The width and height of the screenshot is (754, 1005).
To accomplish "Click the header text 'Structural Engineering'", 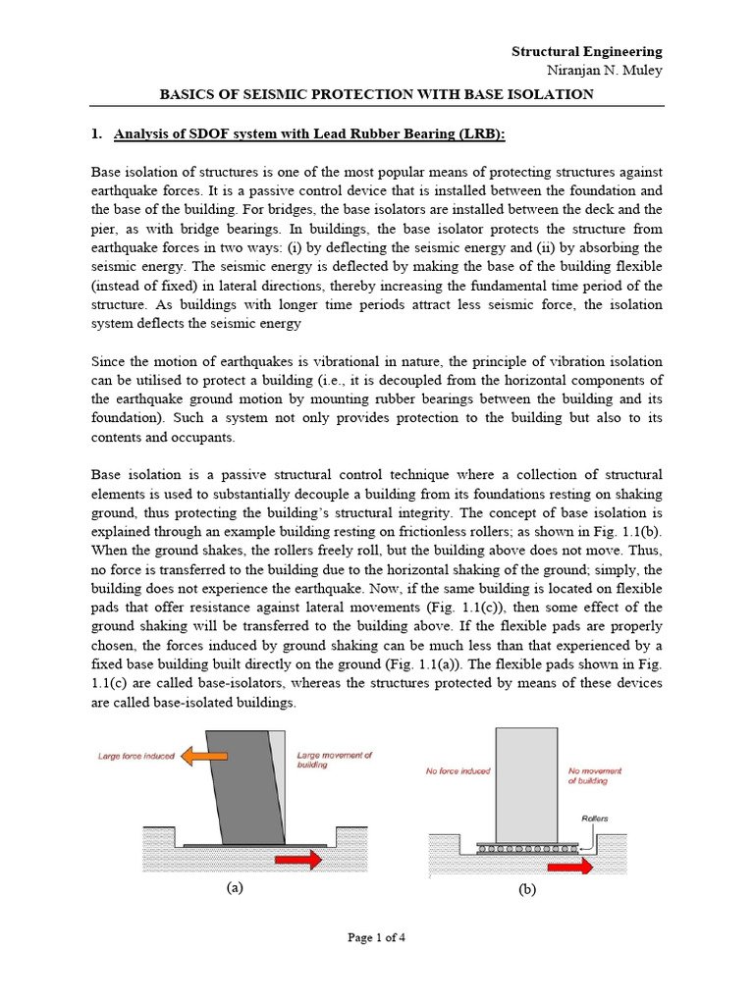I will pos(587,51).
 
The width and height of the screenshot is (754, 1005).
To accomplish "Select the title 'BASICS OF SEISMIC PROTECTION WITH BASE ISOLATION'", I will pos(377,94).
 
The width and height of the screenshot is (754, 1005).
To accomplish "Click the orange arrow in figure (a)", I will pos(205,757).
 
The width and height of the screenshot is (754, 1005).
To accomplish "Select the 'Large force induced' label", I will pos(137,757).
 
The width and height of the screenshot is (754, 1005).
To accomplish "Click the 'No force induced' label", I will pos(459,771).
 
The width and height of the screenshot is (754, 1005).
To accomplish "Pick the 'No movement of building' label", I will pos(595,776).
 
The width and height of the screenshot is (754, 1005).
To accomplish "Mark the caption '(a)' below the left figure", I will pos(235,888).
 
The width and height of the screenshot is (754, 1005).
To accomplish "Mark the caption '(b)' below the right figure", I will pos(527,890).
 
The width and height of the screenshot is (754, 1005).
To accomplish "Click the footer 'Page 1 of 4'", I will pos(377,937).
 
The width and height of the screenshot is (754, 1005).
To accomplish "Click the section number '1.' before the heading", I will pos(96,134).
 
